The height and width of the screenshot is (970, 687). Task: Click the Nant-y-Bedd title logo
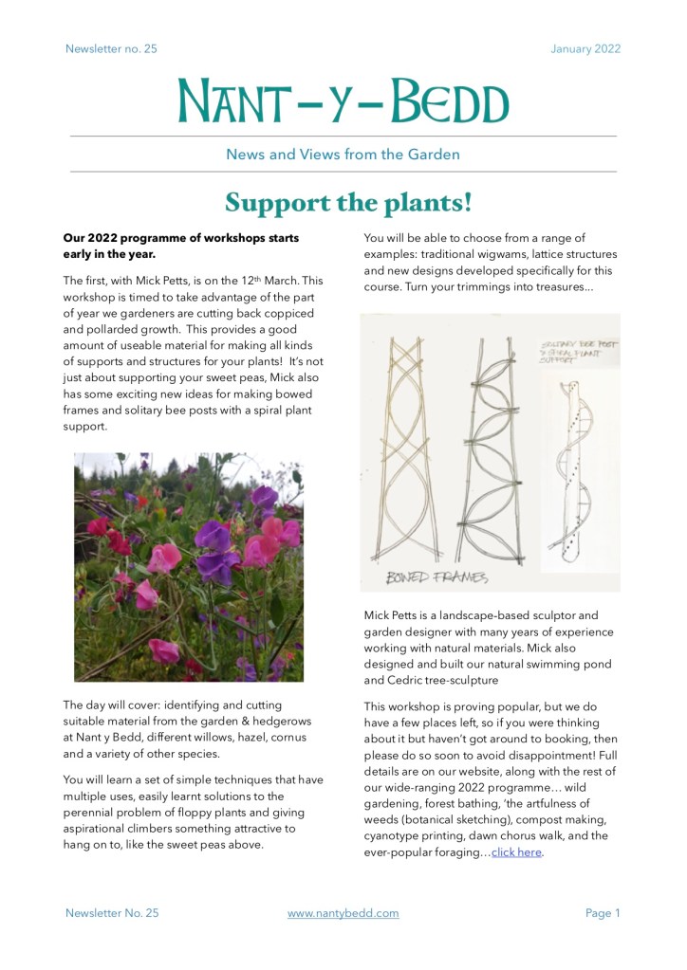343,101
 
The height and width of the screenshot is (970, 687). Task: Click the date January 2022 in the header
585,49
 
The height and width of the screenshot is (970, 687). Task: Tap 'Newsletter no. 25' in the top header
111,49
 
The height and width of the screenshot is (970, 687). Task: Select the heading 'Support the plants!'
347,203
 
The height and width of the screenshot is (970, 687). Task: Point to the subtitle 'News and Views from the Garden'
343,154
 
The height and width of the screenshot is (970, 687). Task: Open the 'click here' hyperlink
516,852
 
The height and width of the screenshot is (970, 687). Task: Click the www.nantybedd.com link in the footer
343,913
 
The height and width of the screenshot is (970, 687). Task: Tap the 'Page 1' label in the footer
603,913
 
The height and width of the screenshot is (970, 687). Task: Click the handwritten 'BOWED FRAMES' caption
437,577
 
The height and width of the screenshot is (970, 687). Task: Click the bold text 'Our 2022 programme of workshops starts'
180,237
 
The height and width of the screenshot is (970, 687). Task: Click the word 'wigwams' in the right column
484,254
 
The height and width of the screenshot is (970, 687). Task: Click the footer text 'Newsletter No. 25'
112,913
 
